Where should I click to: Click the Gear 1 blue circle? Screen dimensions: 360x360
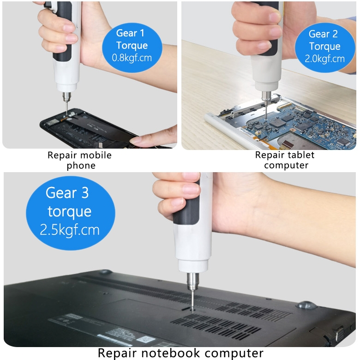(x=132, y=47)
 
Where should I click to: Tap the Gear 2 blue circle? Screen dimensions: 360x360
(x=325, y=47)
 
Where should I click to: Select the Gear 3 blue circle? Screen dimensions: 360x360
(x=71, y=213)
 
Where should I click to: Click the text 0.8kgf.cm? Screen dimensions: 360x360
(x=132, y=58)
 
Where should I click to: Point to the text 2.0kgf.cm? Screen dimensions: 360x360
(x=324, y=59)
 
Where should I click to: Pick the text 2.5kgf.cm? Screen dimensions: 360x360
(x=70, y=230)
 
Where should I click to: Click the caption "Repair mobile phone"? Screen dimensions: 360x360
(x=80, y=160)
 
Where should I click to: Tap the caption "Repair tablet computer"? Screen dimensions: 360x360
(x=285, y=160)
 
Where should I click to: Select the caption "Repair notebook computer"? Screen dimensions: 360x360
(x=180, y=353)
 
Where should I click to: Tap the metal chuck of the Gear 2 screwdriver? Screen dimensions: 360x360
(x=266, y=96)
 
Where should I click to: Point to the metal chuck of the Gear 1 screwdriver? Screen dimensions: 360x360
(x=66, y=96)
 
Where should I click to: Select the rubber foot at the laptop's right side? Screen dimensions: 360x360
(x=306, y=305)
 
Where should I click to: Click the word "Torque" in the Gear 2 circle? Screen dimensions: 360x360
(x=324, y=47)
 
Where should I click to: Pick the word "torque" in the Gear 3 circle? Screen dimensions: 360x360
(x=70, y=212)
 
